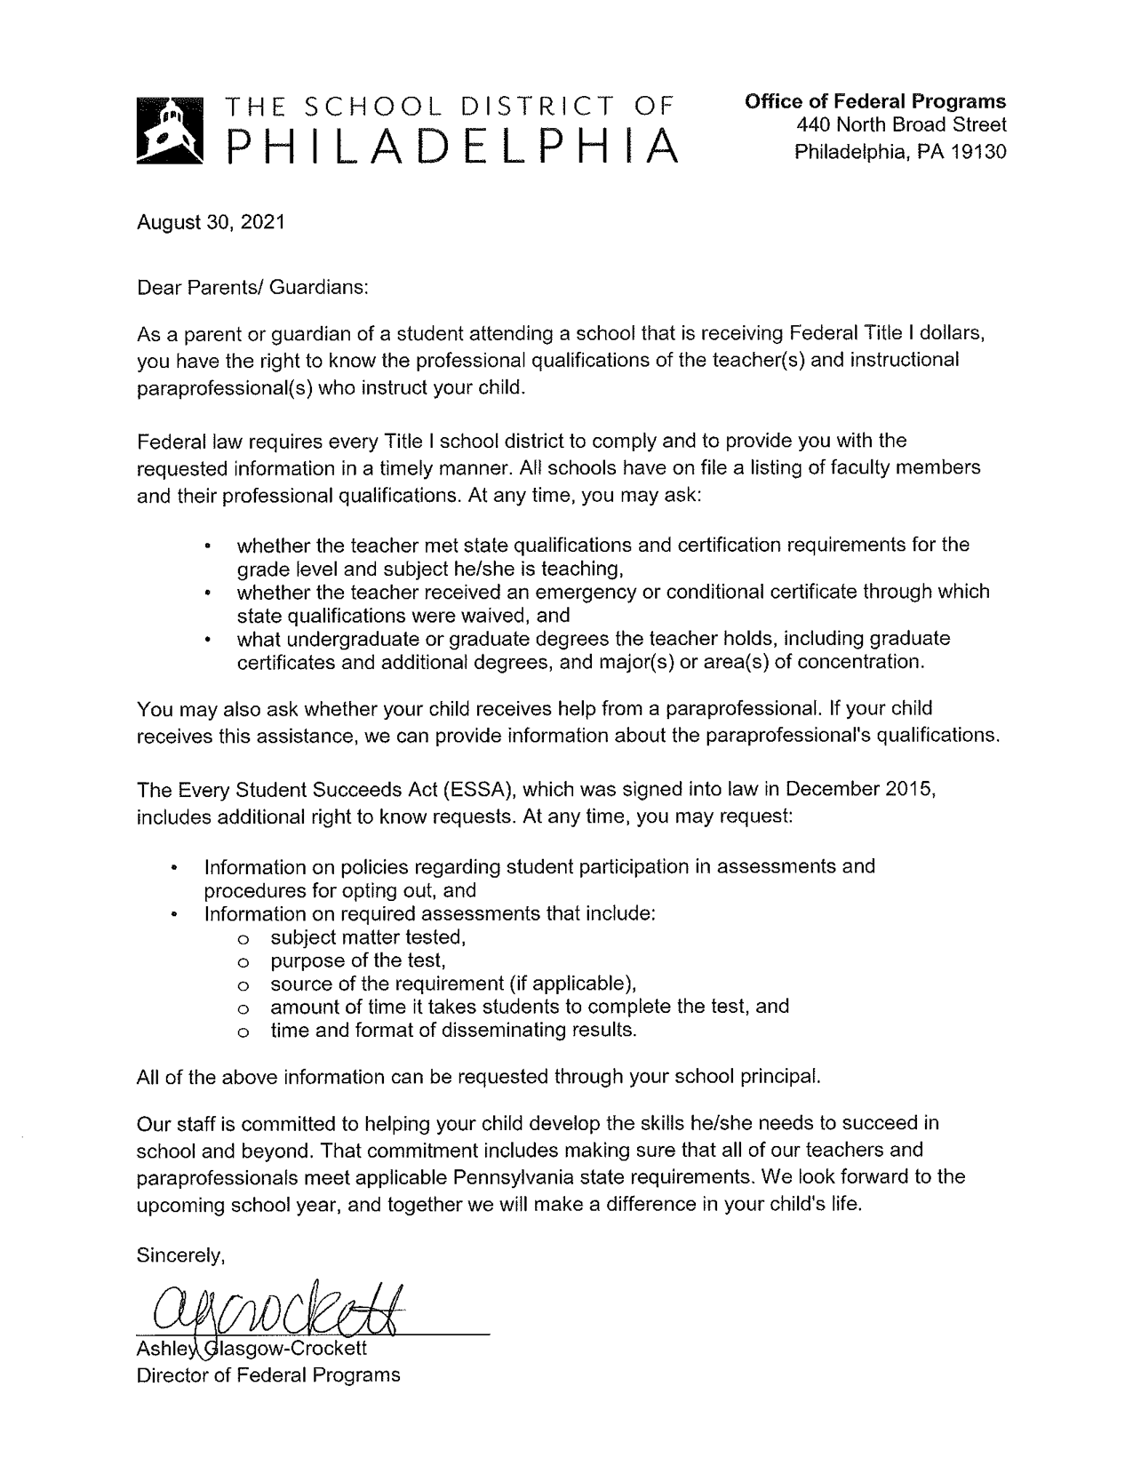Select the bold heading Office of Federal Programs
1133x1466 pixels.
tap(875, 101)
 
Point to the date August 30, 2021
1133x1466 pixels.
tap(211, 221)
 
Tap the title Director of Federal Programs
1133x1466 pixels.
tap(267, 1374)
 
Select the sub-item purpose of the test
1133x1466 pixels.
tap(357, 960)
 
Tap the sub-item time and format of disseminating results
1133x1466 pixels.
tap(454, 1030)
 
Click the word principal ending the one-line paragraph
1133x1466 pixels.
tap(781, 1076)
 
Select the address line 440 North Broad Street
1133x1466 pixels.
tap(901, 126)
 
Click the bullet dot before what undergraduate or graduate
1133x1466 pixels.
tap(207, 639)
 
